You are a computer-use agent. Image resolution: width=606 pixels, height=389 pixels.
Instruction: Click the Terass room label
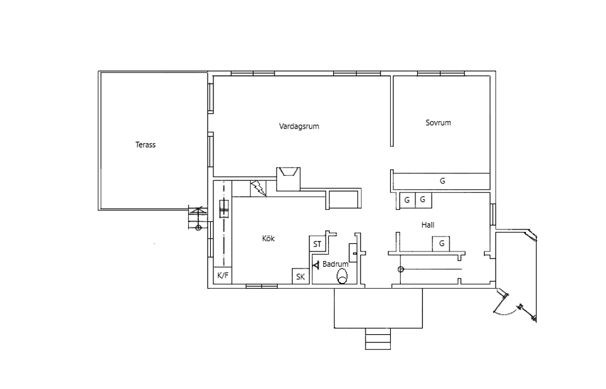(145, 145)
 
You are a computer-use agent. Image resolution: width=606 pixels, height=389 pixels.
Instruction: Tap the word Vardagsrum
(299, 126)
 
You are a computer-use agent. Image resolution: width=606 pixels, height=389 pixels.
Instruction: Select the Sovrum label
(438, 123)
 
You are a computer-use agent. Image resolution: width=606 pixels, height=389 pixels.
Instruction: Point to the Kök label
(268, 238)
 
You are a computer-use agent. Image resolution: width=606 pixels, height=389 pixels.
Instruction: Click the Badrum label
(335, 264)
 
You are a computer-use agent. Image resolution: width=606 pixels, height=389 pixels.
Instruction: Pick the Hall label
(428, 225)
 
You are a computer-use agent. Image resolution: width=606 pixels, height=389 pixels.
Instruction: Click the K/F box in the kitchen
(223, 276)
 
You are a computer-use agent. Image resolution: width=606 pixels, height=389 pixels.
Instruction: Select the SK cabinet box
(300, 276)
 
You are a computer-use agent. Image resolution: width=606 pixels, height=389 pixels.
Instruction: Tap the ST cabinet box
(318, 244)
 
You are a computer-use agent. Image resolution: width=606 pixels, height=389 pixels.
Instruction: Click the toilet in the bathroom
(342, 276)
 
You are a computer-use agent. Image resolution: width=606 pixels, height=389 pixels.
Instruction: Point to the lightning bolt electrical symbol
(258, 189)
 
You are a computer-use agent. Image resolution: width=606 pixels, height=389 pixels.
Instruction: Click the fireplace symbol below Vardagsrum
(288, 178)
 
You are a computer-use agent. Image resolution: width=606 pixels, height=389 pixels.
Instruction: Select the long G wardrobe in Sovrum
(442, 180)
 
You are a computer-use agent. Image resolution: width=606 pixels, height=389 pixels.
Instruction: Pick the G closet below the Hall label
(441, 244)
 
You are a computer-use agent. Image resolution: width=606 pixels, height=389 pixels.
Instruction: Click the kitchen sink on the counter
(224, 209)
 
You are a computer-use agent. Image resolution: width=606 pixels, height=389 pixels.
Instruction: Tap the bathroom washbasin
(353, 253)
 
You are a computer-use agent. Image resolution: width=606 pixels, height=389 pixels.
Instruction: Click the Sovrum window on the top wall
(441, 73)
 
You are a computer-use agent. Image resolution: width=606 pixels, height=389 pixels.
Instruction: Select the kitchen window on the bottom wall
(261, 286)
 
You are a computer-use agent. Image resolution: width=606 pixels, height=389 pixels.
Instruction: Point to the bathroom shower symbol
(316, 265)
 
